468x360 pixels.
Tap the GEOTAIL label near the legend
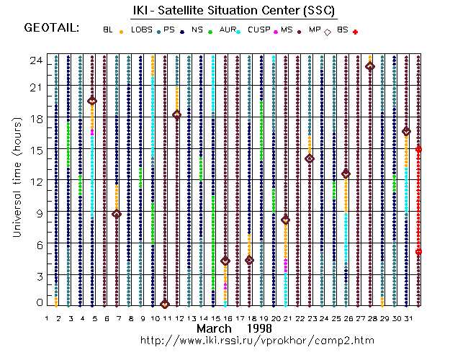coord(52,29)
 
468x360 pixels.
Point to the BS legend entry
coord(342,30)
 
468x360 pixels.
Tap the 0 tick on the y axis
coord(39,304)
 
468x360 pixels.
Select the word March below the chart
coord(215,328)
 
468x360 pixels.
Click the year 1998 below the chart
coord(257,328)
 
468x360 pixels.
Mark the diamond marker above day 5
coord(92,101)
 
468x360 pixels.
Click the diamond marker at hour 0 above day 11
coord(165,304)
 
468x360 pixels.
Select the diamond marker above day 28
coord(370,66)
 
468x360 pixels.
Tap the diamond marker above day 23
coord(310,158)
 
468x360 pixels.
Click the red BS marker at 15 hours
coord(418,149)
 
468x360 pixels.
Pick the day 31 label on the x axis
coord(407,318)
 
